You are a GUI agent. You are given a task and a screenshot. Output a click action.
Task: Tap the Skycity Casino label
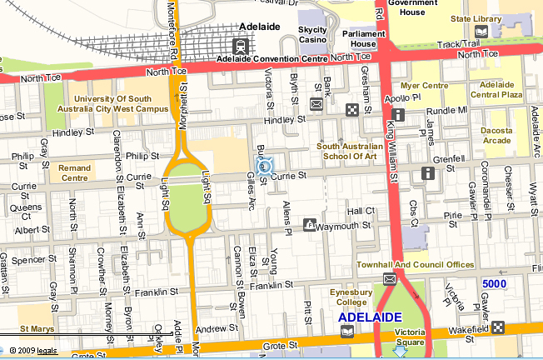coord(312,34)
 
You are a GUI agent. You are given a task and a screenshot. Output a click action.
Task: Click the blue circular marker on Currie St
coord(266,167)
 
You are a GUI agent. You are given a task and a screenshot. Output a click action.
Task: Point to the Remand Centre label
coord(73,172)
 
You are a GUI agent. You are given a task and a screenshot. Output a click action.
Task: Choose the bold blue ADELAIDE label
coord(370,317)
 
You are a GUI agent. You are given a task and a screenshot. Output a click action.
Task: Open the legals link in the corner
coord(46,350)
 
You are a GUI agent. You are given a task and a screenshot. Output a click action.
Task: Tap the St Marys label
coord(37,329)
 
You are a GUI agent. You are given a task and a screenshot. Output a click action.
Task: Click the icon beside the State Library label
coord(506,32)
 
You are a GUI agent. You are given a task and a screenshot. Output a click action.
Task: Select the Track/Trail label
coord(458,44)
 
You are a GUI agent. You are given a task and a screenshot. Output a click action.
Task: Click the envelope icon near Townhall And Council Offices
coord(389,278)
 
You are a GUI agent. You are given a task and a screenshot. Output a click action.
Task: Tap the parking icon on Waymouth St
coord(310,225)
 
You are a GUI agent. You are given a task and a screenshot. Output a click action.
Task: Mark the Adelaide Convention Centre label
coord(271,59)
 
